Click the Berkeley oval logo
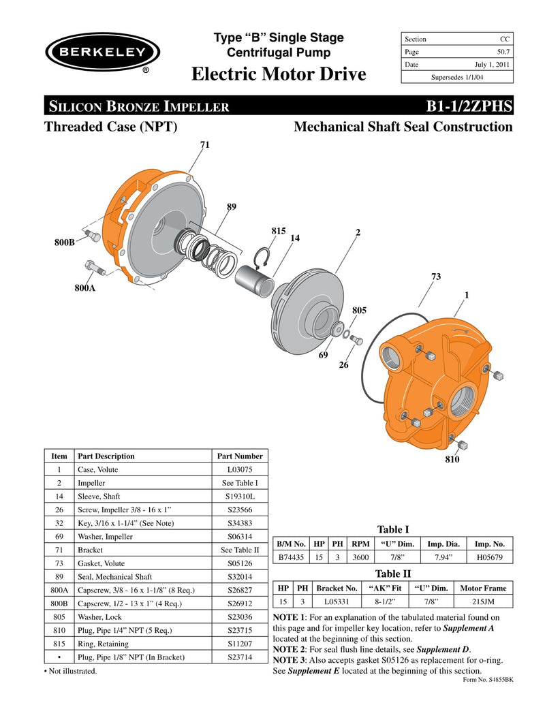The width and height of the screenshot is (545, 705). pyautogui.click(x=103, y=52)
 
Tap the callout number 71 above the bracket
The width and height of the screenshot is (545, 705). pyautogui.click(x=204, y=145)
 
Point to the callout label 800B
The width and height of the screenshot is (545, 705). pyautogui.click(x=64, y=242)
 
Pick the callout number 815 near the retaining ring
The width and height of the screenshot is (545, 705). pyautogui.click(x=277, y=231)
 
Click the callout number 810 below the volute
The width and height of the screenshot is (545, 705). pyautogui.click(x=452, y=460)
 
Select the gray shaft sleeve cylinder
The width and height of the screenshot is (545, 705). pyautogui.click(x=253, y=281)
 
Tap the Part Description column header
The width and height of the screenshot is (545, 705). pyautogui.click(x=106, y=456)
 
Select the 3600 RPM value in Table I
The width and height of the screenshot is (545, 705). pyautogui.click(x=360, y=557)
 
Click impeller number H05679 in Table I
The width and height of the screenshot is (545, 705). pyautogui.click(x=489, y=557)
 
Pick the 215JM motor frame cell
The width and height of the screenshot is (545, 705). pyautogui.click(x=483, y=601)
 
